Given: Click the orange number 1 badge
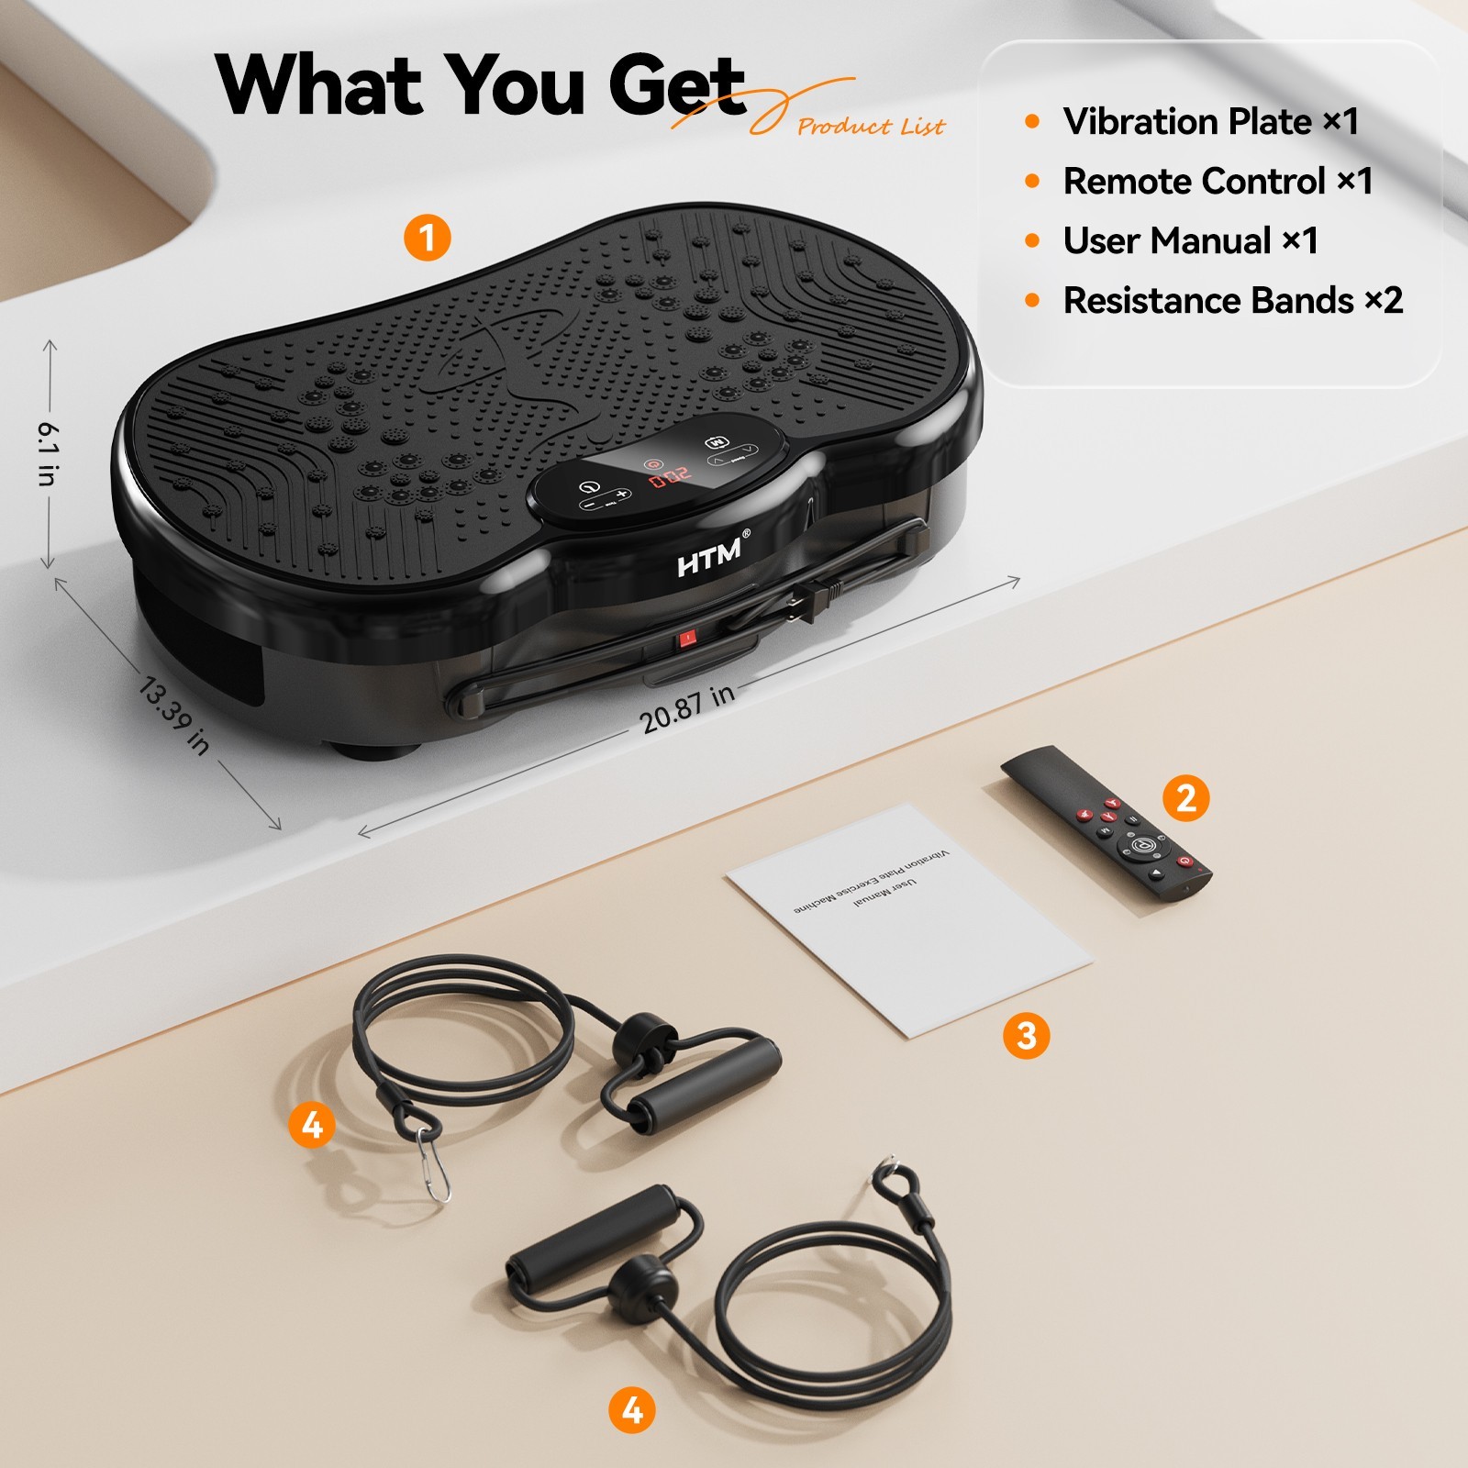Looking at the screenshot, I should [x=428, y=238].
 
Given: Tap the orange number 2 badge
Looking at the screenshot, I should [x=1185, y=797].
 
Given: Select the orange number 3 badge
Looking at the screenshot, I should [x=1026, y=1036].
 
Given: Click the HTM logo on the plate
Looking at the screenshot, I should [x=710, y=556].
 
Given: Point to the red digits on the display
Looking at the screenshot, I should [x=671, y=476].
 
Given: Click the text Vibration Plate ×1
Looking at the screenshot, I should [x=1209, y=121].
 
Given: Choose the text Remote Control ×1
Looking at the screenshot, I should [x=1217, y=181].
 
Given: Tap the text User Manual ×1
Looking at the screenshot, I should [x=1190, y=240].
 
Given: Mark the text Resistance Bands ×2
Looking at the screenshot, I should [x=1232, y=300].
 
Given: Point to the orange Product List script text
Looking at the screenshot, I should [x=870, y=126].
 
